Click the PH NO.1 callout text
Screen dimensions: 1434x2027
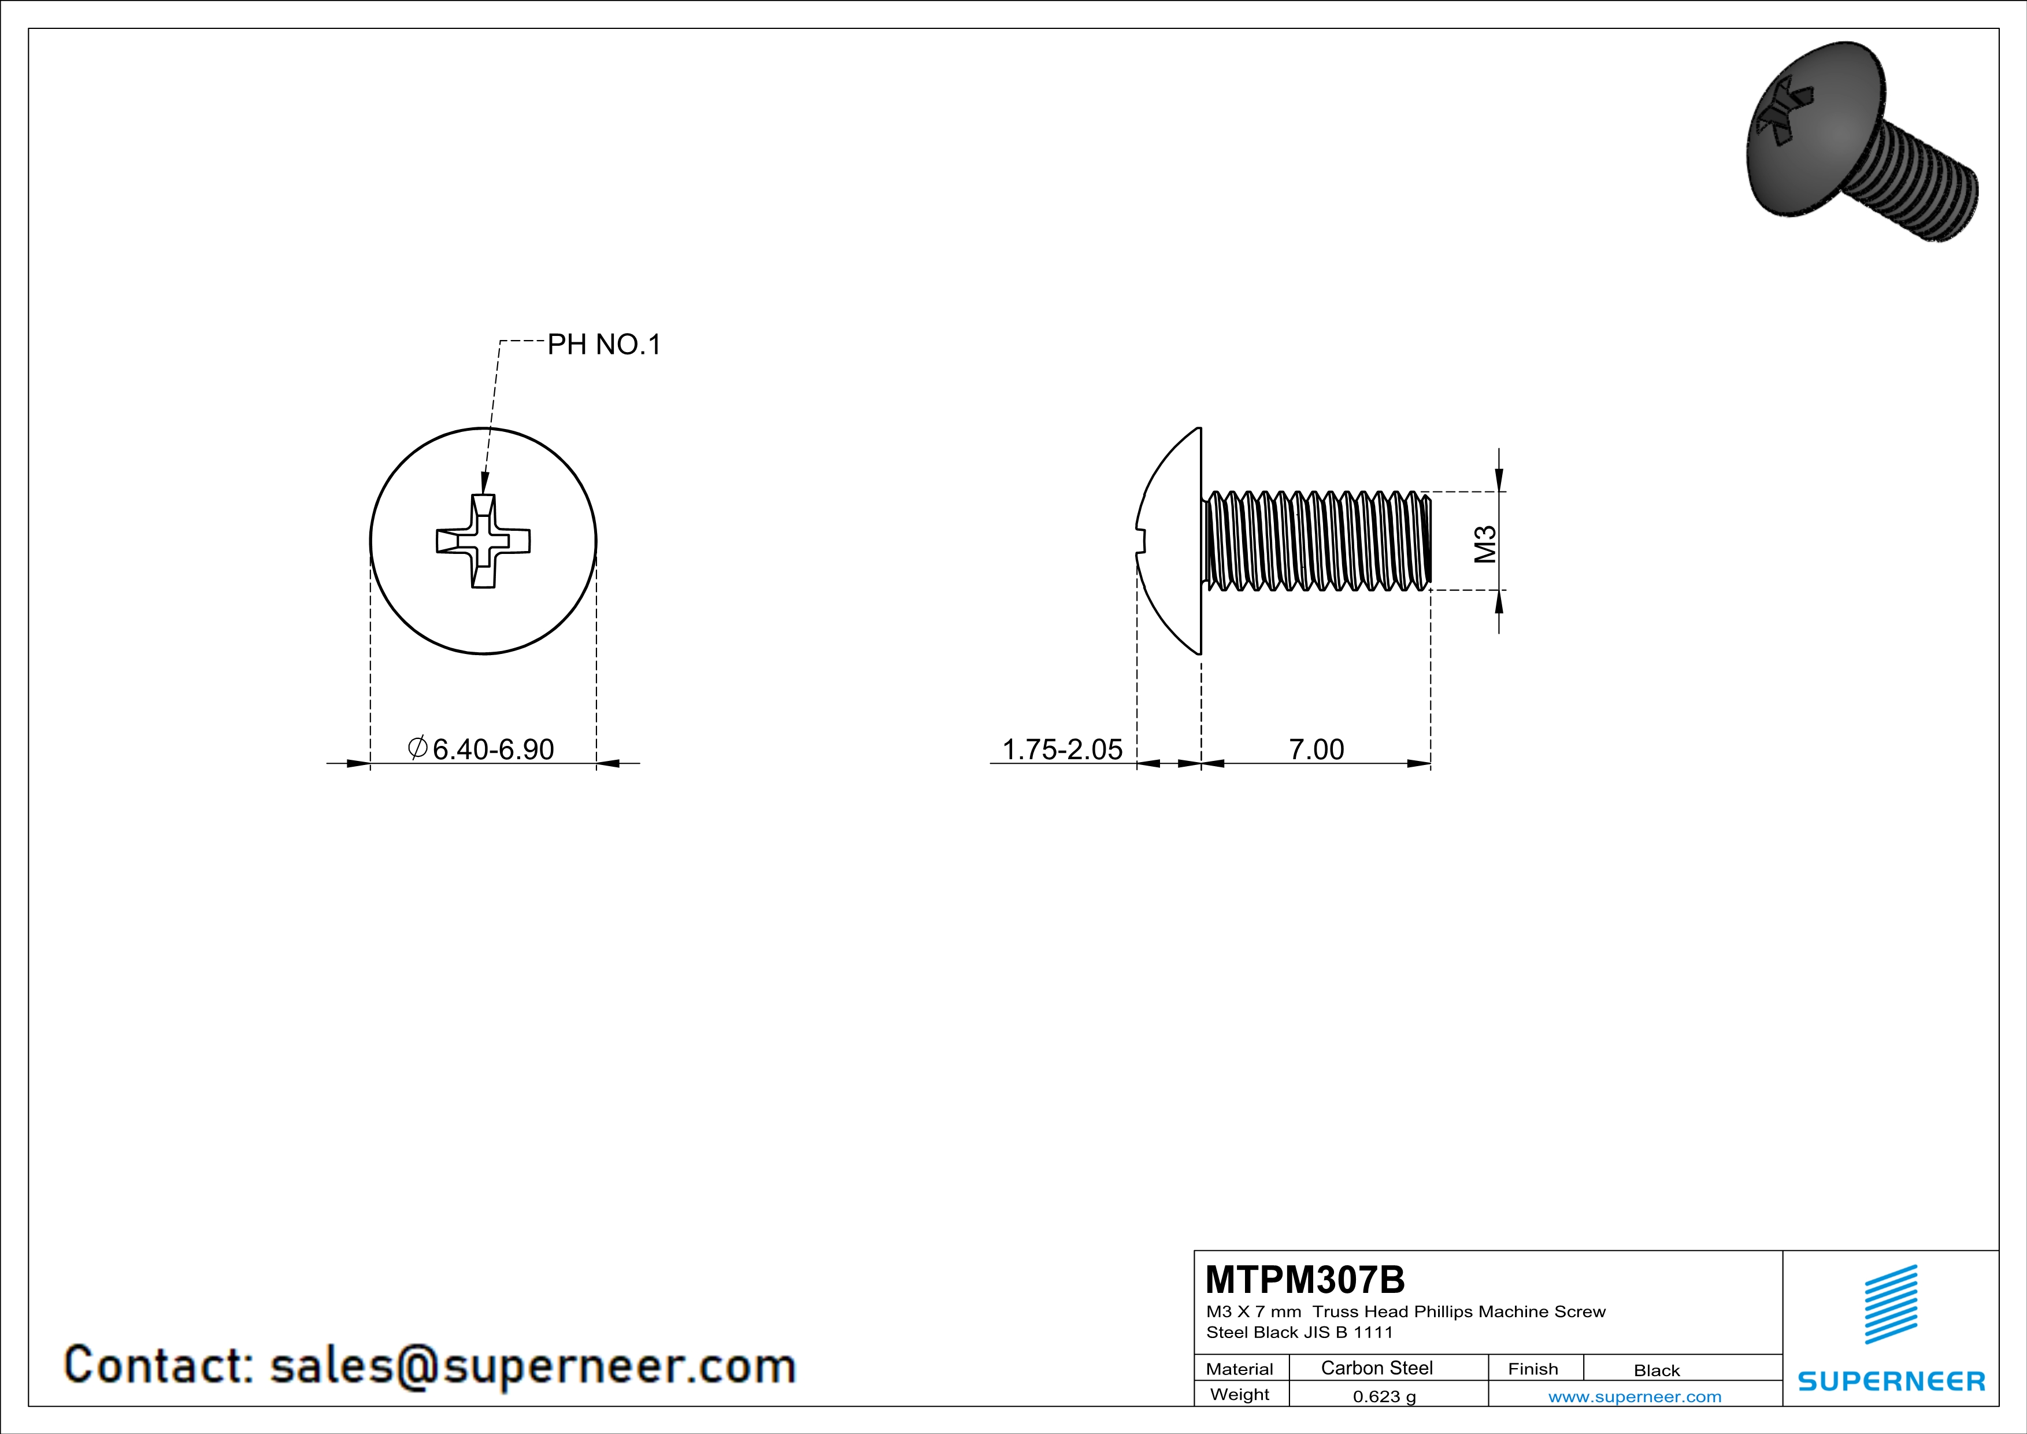click(604, 345)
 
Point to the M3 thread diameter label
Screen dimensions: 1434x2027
click(1486, 544)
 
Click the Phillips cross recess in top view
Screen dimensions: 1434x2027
click(483, 541)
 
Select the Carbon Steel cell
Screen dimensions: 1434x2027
click(1376, 1368)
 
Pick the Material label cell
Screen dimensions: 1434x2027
click(1240, 1369)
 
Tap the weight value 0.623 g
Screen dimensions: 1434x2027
click(1383, 1396)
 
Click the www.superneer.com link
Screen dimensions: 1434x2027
click(1634, 1396)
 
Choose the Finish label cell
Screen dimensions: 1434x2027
click(1533, 1369)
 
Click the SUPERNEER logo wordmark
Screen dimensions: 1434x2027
click(1891, 1381)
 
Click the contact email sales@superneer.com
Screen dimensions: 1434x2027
click(532, 1365)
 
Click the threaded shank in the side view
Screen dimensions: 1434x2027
click(1315, 541)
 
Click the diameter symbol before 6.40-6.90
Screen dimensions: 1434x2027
click(417, 748)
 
